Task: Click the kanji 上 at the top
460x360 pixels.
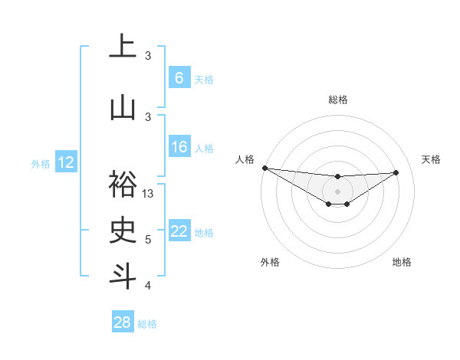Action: pos(123,48)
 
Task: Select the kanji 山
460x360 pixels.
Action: pos(123,107)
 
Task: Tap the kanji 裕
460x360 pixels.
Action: pos(123,185)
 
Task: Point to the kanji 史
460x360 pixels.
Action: pos(123,229)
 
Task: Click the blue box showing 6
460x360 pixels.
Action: pos(179,78)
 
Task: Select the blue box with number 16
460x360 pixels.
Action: pos(179,147)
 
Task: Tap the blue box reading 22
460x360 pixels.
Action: pos(179,232)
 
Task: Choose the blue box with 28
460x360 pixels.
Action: pos(123,322)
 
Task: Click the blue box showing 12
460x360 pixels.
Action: pos(66,162)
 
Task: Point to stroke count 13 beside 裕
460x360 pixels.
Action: pos(149,194)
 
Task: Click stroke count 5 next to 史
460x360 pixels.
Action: pos(149,240)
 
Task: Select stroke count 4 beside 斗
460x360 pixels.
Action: pos(149,286)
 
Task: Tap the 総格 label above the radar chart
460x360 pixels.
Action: pos(337,100)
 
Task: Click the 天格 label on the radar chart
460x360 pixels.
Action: pos(432,159)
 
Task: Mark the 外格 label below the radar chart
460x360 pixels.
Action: pos(270,262)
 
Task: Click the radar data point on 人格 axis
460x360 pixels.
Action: pos(264,168)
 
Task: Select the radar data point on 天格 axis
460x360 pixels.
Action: pos(396,172)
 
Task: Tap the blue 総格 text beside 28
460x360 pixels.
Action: pos(147,324)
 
